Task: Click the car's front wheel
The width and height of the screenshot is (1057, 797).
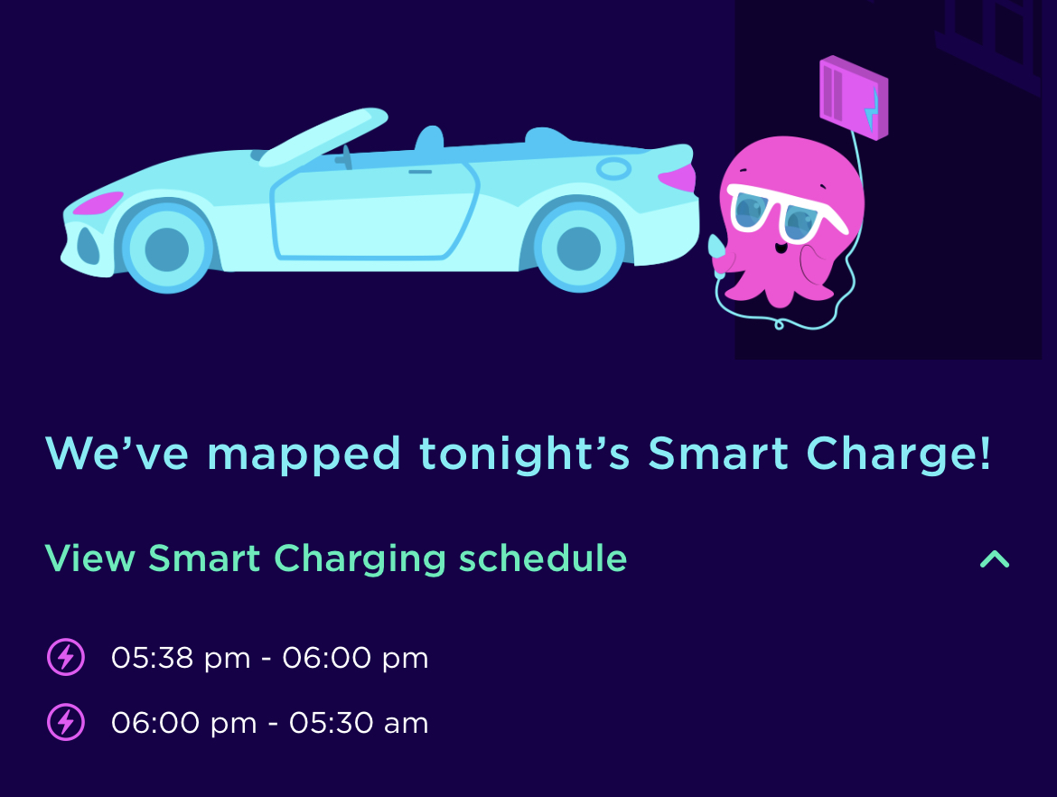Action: point(167,248)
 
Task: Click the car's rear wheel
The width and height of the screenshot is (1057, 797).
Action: point(578,248)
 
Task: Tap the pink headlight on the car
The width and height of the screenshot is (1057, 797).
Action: point(98,202)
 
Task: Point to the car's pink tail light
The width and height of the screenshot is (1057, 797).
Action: point(677,178)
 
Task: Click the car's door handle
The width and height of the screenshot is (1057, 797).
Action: point(420,172)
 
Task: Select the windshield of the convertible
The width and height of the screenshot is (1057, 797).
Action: point(323,136)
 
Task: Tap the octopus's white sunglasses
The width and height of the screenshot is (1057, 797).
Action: point(785,211)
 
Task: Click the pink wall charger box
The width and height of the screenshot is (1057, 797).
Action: point(854,98)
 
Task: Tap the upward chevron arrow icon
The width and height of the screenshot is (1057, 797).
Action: point(995,558)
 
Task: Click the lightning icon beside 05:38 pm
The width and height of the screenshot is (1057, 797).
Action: point(66,657)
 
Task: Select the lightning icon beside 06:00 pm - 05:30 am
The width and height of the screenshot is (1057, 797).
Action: point(66,722)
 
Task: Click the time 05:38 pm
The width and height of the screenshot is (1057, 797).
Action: point(181,658)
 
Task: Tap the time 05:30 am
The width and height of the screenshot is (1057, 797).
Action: point(359,723)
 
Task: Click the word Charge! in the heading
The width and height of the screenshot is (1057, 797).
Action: point(899,453)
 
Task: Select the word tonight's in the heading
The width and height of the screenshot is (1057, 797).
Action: point(525,453)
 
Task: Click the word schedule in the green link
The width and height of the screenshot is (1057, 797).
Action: point(543,558)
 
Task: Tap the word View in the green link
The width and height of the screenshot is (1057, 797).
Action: point(89,558)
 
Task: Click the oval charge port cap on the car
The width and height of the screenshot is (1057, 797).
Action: point(613,169)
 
